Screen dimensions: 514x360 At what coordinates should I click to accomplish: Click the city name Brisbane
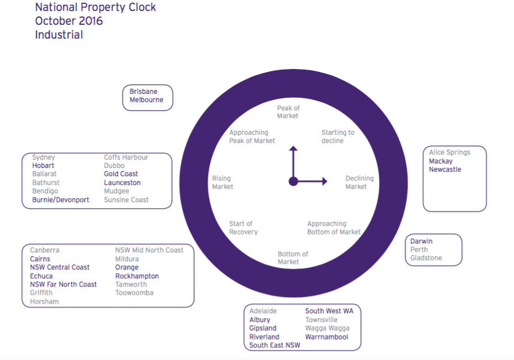143,92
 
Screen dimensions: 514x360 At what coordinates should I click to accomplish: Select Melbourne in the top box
146,100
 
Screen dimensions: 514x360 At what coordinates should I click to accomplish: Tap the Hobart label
43,166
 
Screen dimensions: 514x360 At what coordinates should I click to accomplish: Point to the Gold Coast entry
120,174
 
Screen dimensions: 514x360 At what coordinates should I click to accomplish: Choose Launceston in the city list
122,183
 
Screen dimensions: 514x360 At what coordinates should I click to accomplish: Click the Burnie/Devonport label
60,200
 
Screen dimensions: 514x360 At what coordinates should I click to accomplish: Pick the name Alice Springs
449,152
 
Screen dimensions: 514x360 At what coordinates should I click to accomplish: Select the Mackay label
441,161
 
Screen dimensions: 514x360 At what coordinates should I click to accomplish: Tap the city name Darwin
421,241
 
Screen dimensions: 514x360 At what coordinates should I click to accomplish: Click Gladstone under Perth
426,258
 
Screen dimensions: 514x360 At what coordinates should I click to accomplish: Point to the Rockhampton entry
137,276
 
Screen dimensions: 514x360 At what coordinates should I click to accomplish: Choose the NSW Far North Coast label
63,284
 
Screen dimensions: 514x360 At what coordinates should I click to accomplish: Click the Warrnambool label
326,337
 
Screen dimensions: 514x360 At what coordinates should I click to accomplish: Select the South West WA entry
329,311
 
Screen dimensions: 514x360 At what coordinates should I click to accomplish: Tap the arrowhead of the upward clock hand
293,148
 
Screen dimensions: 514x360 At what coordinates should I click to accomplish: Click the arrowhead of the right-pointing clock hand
325,181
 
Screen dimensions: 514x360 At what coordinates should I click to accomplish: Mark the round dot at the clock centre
293,181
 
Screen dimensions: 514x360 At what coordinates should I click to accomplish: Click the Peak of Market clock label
288,112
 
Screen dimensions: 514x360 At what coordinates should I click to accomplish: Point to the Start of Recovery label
243,227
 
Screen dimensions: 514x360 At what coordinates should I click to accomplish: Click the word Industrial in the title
59,35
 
